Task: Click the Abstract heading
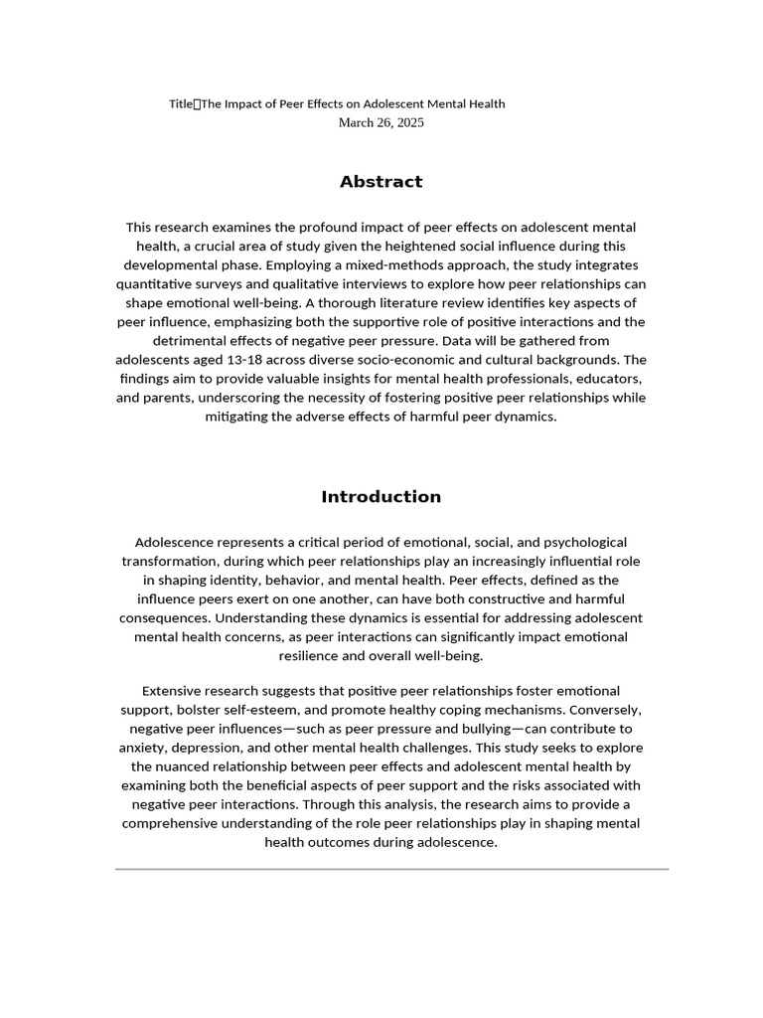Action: tap(381, 182)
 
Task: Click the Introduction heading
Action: tap(381, 497)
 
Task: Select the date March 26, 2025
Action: tap(381, 122)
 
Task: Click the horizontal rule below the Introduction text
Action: tap(391, 869)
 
